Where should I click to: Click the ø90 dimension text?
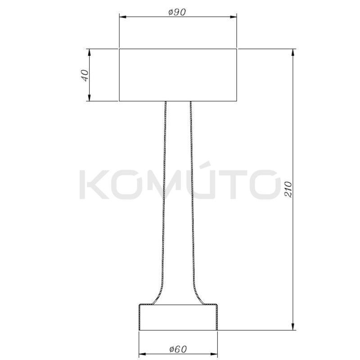[x=177, y=13]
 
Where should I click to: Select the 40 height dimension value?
[x=83, y=75]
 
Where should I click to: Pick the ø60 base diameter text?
[x=178, y=349]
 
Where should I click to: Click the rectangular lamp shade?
[x=178, y=75]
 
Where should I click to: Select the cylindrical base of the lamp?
[x=178, y=318]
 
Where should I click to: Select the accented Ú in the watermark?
[x=208, y=182]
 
